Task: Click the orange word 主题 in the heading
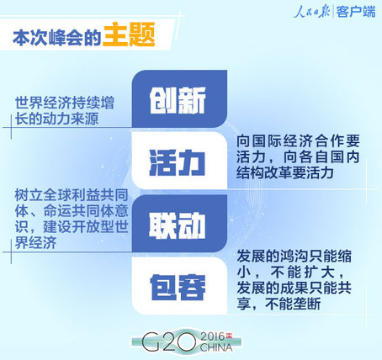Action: coord(129,34)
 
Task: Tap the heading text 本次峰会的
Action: coord(57,38)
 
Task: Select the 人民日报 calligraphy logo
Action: coord(311,12)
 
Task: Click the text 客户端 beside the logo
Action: coord(356,13)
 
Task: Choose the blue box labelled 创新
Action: coord(179,98)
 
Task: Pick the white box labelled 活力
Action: coord(179,161)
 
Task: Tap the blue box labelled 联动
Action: coord(179,224)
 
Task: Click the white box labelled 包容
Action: coord(179,285)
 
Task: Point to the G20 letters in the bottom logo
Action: coord(169,342)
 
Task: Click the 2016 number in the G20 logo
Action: coord(213,336)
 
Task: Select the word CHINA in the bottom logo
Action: coord(216,347)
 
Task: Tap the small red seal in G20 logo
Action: coord(229,336)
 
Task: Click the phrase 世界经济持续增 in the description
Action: coord(65,103)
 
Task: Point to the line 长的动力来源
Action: coord(57,119)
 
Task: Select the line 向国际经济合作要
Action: coord(298,141)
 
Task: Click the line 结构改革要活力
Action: coord(285,172)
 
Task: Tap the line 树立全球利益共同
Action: coord(72,195)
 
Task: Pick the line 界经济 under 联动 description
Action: coord(35,243)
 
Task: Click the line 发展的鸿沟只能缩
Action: coord(294,257)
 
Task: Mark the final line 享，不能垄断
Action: coord(279,304)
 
